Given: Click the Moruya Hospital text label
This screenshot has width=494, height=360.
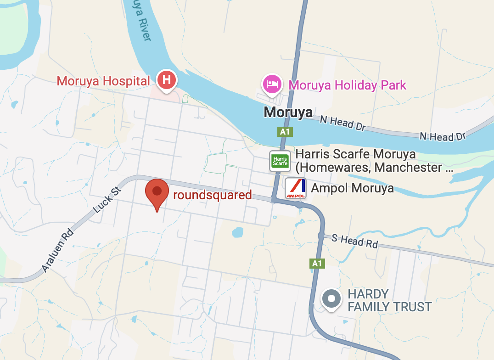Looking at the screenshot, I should coord(103,81).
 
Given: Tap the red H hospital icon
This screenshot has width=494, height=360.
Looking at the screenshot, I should coord(167,80).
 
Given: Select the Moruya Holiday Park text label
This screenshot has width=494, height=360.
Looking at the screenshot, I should coord(348,85).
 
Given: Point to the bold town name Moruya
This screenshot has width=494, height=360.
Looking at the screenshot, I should coord(288,112).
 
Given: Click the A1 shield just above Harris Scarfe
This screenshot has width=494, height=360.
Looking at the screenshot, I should coord(285,132).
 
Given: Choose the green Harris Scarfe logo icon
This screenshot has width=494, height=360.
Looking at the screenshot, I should coord(280,161).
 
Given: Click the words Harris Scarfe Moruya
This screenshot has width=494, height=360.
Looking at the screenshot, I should coord(356,154).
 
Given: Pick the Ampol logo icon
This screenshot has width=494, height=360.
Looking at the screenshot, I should coord(296,188).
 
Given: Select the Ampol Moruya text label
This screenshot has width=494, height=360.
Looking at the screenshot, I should coord(352,188).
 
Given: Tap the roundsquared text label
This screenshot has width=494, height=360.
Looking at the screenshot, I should coord(213,195).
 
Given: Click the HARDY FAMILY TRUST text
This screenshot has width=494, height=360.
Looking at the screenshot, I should coord(390,300).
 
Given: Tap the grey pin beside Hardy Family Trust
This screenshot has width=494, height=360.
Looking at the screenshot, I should coord(331,299).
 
